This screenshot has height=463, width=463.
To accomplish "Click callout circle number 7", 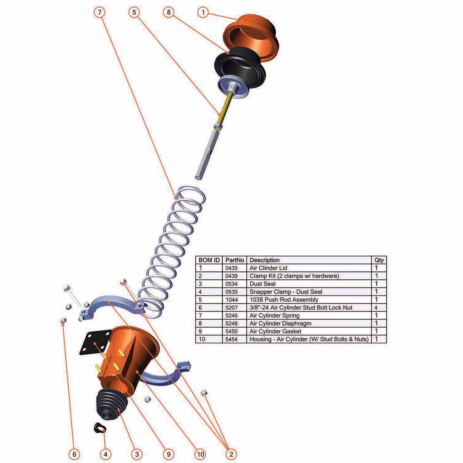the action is pyautogui.click(x=100, y=12).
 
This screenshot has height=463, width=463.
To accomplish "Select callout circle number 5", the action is pyautogui.click(x=134, y=12).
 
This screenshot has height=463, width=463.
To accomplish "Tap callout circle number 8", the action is pyautogui.click(x=169, y=12).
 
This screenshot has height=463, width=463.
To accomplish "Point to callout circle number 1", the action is pyautogui.click(x=203, y=12).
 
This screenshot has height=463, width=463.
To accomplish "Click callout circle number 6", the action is pyautogui.click(x=74, y=454).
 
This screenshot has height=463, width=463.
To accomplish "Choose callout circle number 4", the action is pyautogui.click(x=105, y=454).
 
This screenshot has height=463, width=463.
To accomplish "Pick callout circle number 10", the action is pyautogui.click(x=200, y=454).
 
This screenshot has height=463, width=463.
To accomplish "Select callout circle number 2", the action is pyautogui.click(x=231, y=454).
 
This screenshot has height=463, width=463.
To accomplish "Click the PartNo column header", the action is pyautogui.click(x=235, y=260).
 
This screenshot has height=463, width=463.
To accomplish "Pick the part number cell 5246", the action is pyautogui.click(x=231, y=316).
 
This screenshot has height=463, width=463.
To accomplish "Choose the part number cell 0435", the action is pyautogui.click(x=231, y=268).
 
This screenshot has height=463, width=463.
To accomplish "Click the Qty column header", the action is pyautogui.click(x=379, y=260).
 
